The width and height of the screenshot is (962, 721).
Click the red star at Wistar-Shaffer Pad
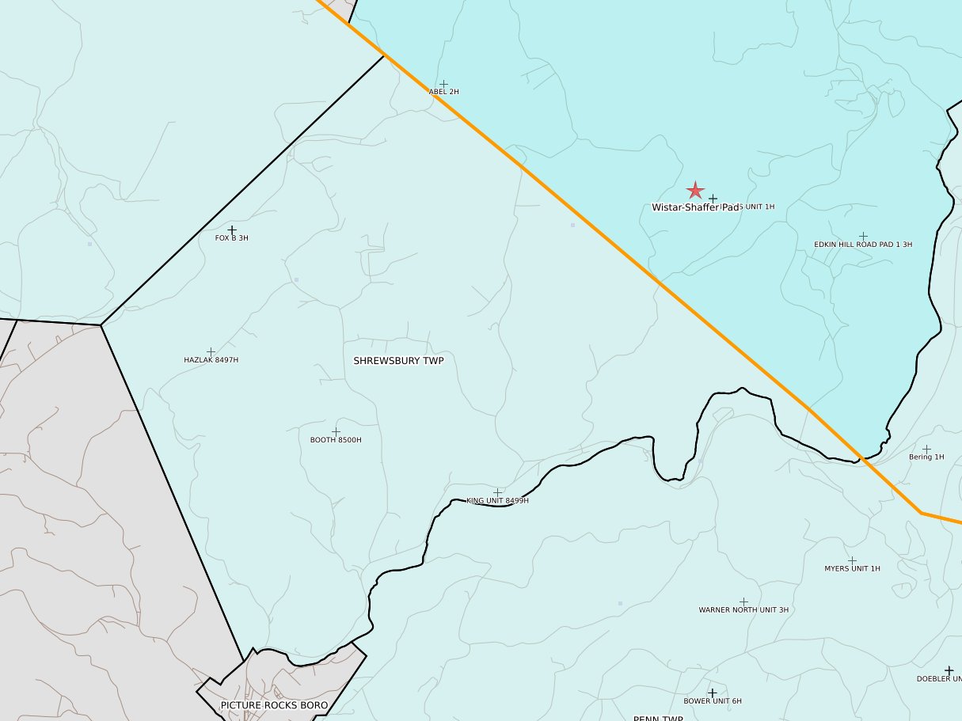(x=695, y=191)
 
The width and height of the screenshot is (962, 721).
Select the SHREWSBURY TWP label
(x=398, y=361)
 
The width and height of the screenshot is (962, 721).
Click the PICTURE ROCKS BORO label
(x=274, y=705)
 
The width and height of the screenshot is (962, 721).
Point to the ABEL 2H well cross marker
(x=443, y=84)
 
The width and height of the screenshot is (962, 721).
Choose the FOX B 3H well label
(x=232, y=238)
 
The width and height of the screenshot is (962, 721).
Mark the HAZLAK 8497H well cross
(x=211, y=351)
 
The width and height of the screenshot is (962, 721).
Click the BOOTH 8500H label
(x=336, y=440)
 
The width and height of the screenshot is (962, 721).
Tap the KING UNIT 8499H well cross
(x=497, y=492)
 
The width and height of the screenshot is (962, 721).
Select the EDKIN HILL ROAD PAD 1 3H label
(x=863, y=245)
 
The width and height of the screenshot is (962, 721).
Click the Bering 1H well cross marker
(x=926, y=449)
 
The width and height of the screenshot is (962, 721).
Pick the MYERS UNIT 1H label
(x=852, y=569)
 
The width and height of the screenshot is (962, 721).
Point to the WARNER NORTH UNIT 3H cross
(x=743, y=601)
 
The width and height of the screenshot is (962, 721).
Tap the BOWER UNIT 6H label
(x=713, y=701)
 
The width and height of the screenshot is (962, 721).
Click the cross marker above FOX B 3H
(x=232, y=230)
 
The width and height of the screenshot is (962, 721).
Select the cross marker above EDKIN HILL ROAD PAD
(x=863, y=236)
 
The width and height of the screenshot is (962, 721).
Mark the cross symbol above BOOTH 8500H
(x=336, y=431)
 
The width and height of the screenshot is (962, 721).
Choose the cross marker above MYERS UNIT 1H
(x=852, y=560)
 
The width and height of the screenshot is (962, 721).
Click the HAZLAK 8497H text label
(x=211, y=360)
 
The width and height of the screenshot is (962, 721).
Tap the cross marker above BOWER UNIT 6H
(x=712, y=693)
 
